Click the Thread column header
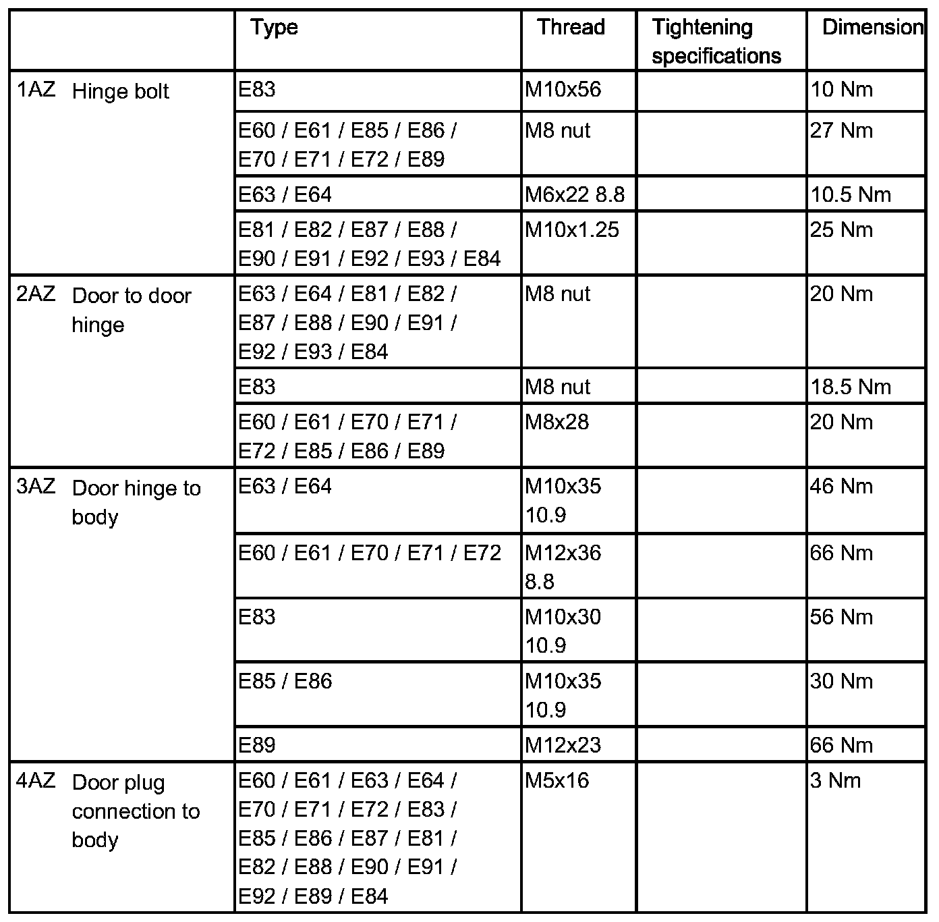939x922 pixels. tap(571, 28)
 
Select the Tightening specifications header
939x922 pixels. tap(716, 41)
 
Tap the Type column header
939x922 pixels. tap(274, 28)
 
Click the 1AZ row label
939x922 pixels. tap(36, 90)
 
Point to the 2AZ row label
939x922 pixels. tap(36, 295)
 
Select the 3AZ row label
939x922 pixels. tap(36, 487)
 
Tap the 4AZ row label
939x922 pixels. tap(36, 782)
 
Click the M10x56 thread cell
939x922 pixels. tap(563, 90)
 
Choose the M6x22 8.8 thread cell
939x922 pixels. tap(575, 195)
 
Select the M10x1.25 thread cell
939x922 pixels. tap(571, 230)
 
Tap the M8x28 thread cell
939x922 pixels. tap(557, 423)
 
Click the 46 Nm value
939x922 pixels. tap(841, 487)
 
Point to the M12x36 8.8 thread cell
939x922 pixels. tap(563, 567)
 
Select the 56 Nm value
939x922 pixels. tap(841, 618)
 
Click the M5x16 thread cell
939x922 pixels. tap(557, 781)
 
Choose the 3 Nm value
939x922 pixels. tap(835, 781)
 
